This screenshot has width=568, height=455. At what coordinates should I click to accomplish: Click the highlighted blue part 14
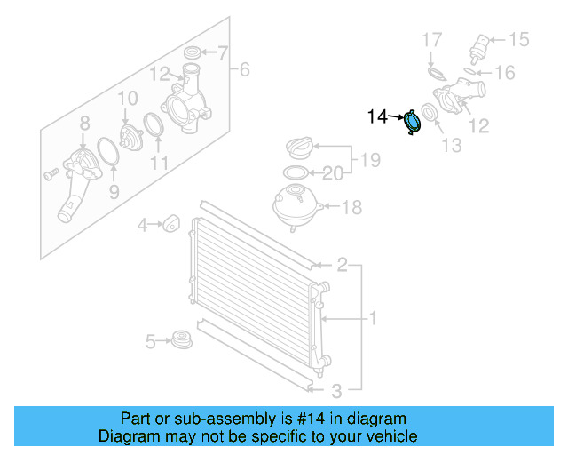pos(413,123)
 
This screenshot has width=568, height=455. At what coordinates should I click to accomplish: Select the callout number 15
pos(517,39)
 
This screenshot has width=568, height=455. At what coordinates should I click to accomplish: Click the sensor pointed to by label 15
pos(484,44)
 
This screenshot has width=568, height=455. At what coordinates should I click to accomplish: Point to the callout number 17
pos(430,39)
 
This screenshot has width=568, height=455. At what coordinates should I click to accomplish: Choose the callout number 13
pos(452,144)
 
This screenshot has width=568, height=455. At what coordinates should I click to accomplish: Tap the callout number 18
pos(351,207)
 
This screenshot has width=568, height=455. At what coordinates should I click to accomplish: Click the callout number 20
pos(331,173)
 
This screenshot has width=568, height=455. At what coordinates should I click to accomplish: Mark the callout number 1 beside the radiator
pos(374,317)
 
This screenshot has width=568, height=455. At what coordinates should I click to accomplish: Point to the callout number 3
pos(336,391)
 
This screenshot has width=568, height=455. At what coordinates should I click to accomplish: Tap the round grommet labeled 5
pos(182,341)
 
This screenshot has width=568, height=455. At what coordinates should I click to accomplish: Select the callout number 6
pos(245,68)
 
